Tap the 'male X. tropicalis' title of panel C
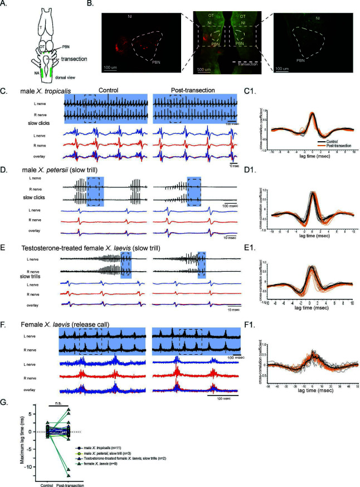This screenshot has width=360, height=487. coord(42,91)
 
